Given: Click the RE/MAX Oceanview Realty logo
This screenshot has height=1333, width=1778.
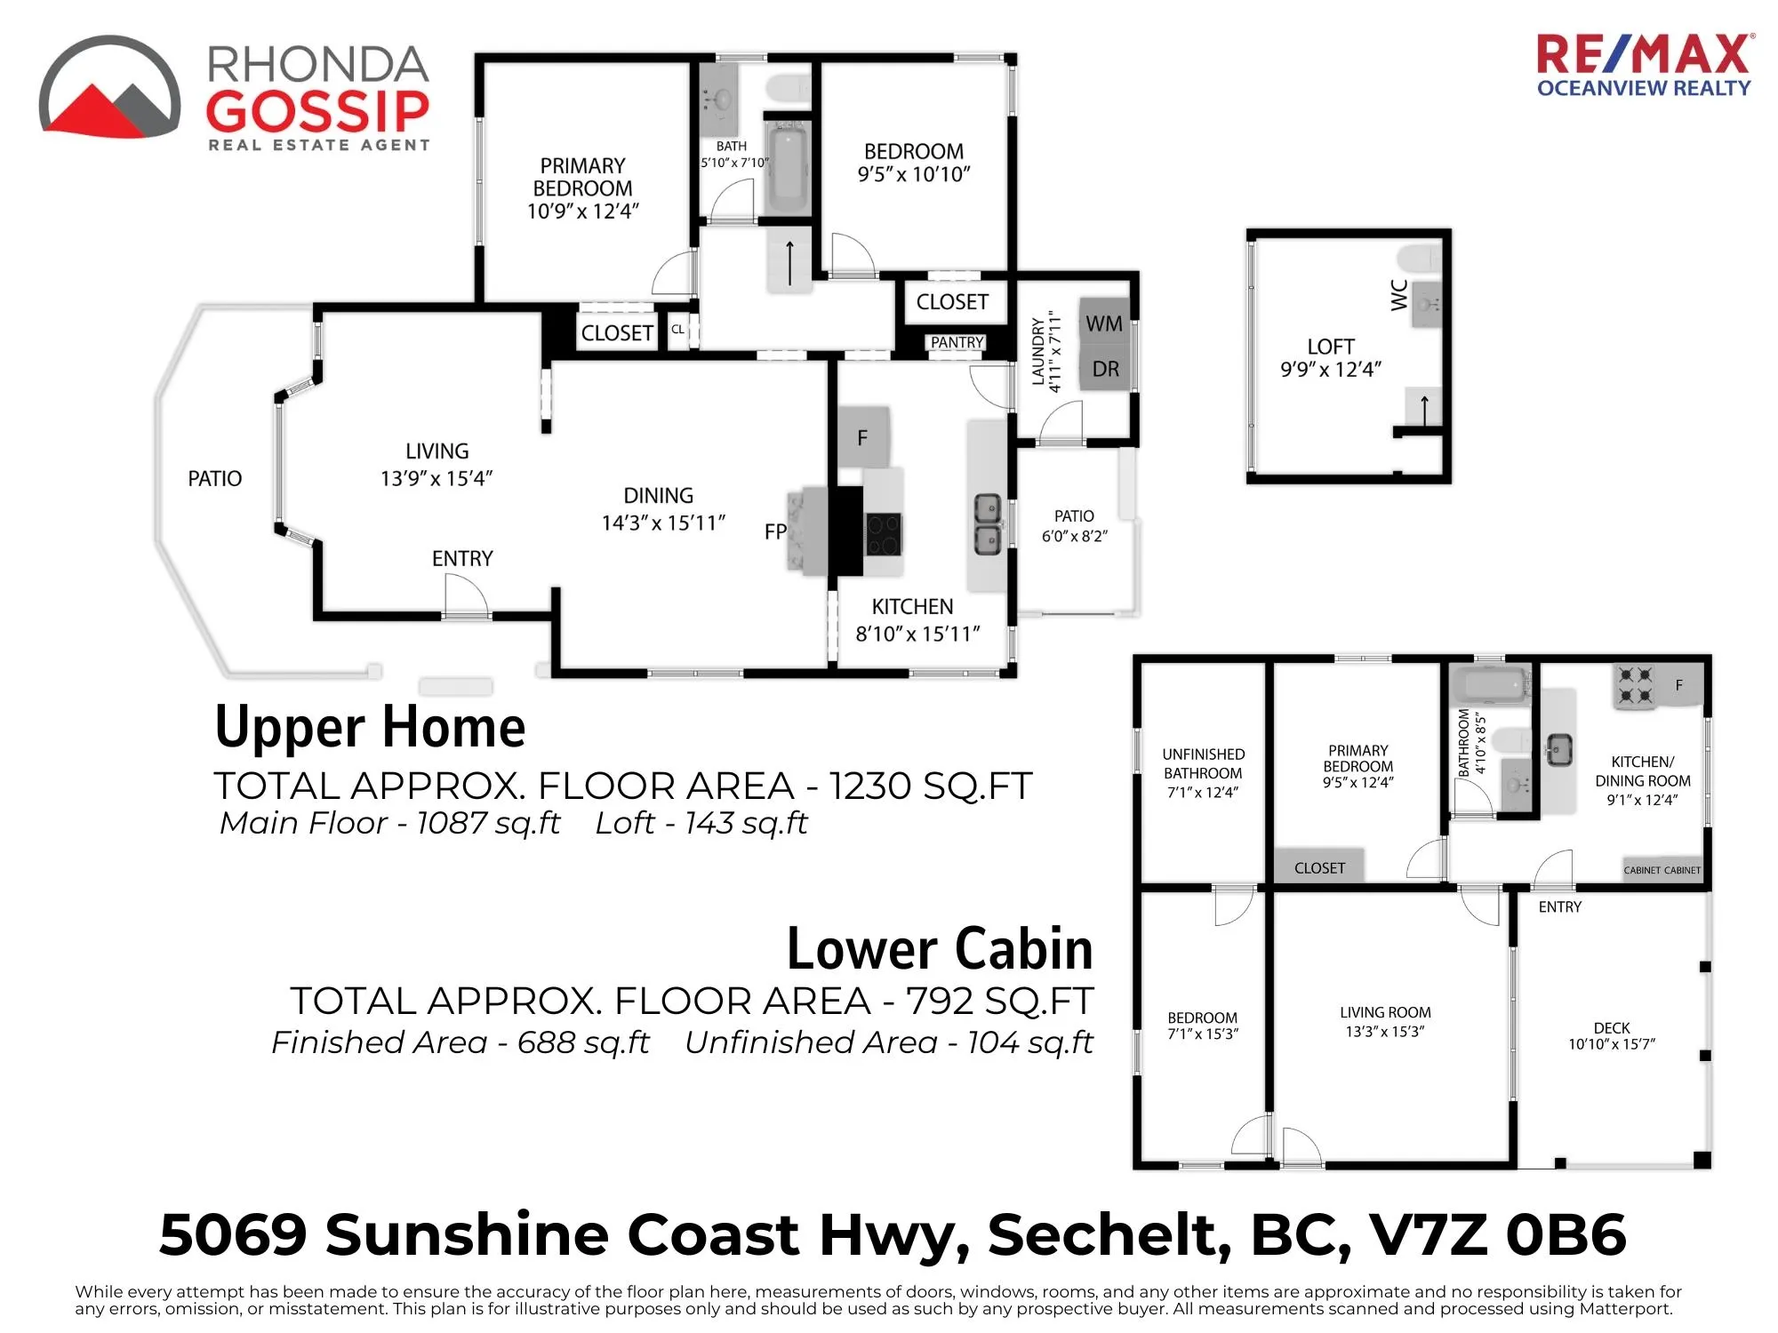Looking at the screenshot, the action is tap(1645, 65).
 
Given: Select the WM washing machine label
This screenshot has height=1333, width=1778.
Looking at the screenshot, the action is tap(1104, 324).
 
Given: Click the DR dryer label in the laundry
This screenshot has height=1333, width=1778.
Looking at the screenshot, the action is tap(1106, 369).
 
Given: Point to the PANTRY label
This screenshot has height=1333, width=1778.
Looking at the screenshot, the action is tap(957, 342).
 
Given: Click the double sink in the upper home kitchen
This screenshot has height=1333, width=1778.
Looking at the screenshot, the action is tap(988, 524).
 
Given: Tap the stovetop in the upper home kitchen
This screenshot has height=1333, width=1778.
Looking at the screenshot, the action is tap(884, 534).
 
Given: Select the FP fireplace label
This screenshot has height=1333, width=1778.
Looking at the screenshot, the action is tap(775, 531).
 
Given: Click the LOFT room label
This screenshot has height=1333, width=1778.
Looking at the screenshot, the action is tap(1331, 347).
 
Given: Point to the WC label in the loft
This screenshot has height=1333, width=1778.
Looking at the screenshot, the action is tap(1399, 295).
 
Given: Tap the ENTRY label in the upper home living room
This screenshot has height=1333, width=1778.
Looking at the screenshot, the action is tap(462, 558).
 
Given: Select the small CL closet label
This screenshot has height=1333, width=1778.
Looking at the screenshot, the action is tap(677, 330).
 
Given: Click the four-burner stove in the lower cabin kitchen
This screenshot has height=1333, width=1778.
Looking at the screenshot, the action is tap(1634, 685).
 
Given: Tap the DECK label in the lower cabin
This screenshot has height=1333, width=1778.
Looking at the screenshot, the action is tap(1612, 1027).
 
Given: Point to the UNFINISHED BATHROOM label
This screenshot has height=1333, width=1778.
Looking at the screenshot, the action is tap(1203, 763).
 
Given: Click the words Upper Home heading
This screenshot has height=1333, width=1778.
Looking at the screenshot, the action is tap(371, 727).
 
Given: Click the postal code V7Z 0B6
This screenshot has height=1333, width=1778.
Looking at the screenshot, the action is tap(1498, 1234).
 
